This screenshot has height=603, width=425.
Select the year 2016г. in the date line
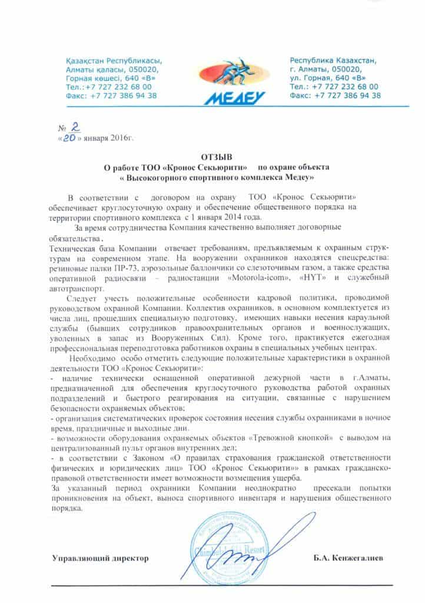pos(119,139)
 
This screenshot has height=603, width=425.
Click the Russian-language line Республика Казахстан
pos(335,60)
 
